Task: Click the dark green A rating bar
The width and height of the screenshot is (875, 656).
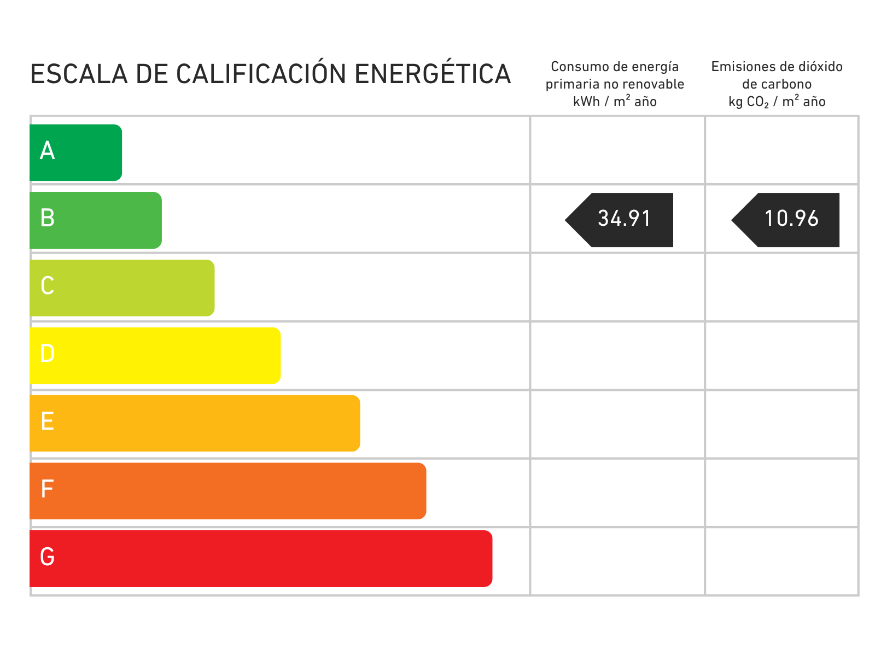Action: pos(75,153)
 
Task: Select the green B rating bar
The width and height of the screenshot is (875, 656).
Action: pos(96,220)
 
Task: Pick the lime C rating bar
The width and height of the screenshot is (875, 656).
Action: pos(122,288)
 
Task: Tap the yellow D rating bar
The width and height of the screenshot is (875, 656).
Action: pos(155,356)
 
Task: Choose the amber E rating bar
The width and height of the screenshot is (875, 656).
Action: pos(195,423)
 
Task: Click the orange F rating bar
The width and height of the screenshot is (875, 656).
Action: pos(228,491)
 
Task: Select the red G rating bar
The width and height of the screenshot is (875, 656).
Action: pos(261,559)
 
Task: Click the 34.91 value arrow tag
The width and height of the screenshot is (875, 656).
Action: pos(619,220)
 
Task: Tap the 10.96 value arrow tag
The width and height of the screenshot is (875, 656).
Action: pos(785,220)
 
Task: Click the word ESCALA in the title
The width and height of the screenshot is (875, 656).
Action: pos(79,74)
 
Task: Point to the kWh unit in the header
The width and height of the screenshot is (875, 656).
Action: pos(586,102)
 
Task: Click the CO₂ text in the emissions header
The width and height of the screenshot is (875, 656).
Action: pos(757,102)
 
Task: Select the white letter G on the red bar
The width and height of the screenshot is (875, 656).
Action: pos(47,557)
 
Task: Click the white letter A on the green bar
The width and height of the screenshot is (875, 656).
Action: pos(47,150)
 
